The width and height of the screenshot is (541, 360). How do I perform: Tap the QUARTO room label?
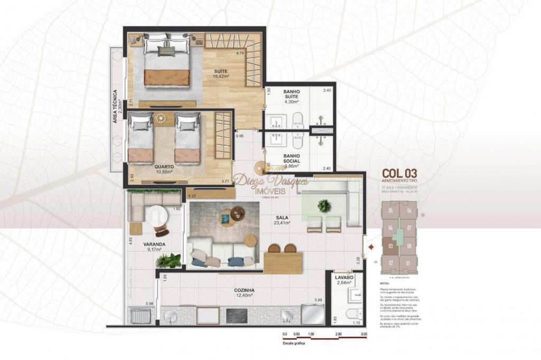164,167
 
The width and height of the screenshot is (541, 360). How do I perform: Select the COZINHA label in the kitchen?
245,290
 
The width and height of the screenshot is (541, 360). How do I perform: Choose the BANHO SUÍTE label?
291,94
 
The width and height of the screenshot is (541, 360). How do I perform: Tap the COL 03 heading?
399,173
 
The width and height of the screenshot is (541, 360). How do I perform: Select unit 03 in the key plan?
390,246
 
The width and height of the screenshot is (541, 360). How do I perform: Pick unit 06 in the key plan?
408,211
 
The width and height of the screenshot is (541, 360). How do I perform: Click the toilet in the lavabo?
352,314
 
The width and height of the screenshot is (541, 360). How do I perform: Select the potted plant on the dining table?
324,206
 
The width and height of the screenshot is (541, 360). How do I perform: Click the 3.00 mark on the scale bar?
363,334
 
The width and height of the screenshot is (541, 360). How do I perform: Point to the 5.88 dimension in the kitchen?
318,301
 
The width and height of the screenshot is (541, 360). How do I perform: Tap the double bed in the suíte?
166,59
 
